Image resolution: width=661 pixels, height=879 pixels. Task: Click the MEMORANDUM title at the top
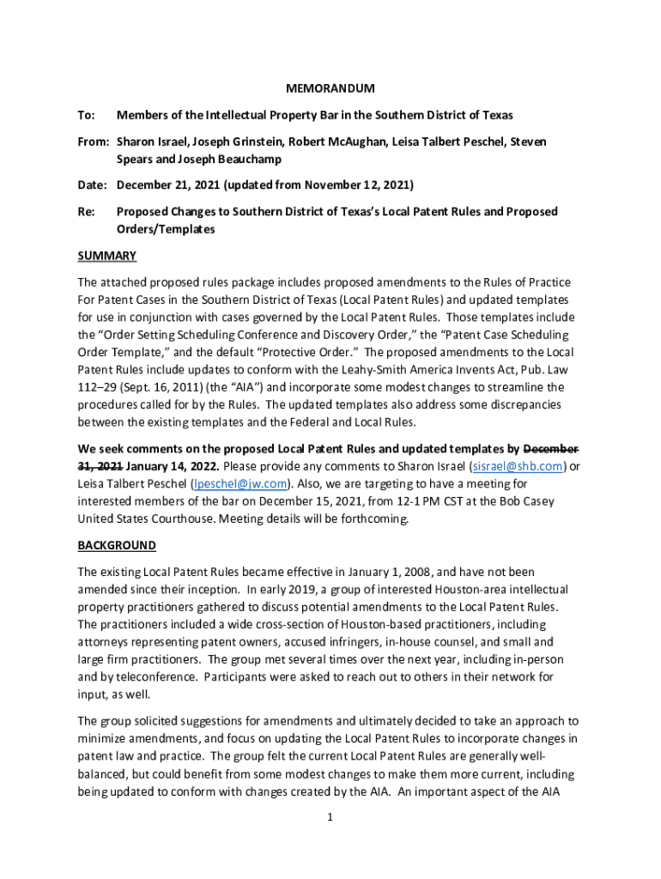coord(330,88)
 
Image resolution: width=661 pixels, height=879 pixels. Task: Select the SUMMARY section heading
coord(107,256)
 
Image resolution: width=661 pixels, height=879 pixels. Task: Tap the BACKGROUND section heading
coord(117,545)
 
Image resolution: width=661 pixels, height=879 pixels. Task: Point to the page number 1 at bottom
coord(330,817)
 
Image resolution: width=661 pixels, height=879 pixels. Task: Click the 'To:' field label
coord(86,115)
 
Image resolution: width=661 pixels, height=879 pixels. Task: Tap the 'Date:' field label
coord(93,185)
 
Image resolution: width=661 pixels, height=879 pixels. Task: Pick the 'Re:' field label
coord(86,211)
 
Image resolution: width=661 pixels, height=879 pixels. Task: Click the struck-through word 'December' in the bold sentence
coord(551,448)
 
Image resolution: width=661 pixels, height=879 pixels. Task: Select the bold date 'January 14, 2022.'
coord(173,466)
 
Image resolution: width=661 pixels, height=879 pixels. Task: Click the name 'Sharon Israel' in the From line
coord(151,142)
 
